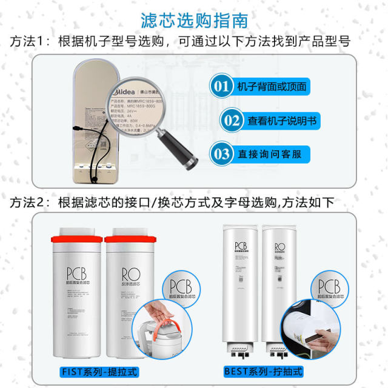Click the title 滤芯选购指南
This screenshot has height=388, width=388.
[x=195, y=20]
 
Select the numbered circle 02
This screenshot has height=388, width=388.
[x=231, y=119]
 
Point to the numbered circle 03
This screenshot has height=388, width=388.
[x=221, y=153]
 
